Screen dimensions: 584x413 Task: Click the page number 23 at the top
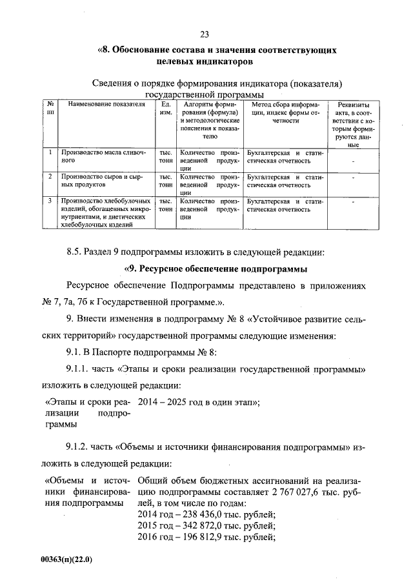point(205,34)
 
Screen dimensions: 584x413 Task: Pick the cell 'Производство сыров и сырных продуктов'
point(103,179)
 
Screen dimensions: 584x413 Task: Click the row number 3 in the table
point(50,201)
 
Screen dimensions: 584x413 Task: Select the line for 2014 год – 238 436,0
point(207,514)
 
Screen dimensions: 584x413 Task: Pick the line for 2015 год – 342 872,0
point(207,525)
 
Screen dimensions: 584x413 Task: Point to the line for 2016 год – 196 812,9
point(207,537)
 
